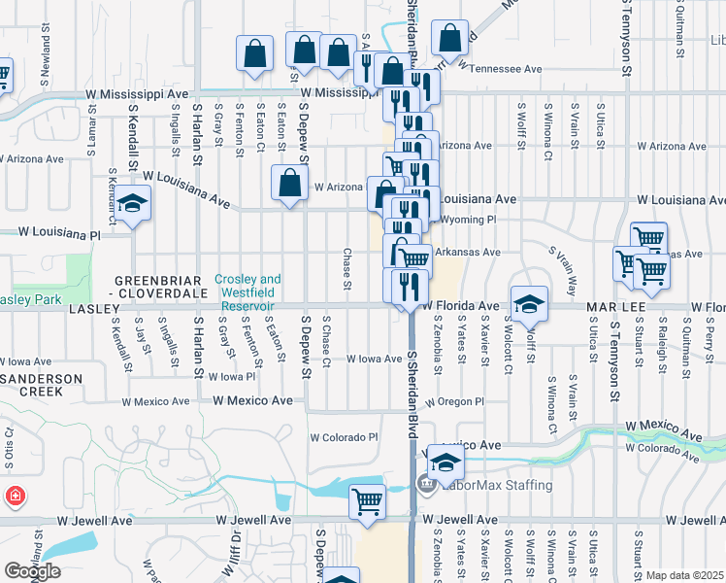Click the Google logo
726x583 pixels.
(32, 571)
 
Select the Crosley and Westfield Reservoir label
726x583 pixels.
(248, 291)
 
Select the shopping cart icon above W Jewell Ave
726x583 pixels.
(368, 501)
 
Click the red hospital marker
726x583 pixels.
(16, 497)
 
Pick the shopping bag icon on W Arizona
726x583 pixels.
(290, 183)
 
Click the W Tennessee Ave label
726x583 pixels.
(500, 69)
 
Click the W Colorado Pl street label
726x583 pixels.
(344, 436)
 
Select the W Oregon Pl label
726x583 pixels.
(454, 401)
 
